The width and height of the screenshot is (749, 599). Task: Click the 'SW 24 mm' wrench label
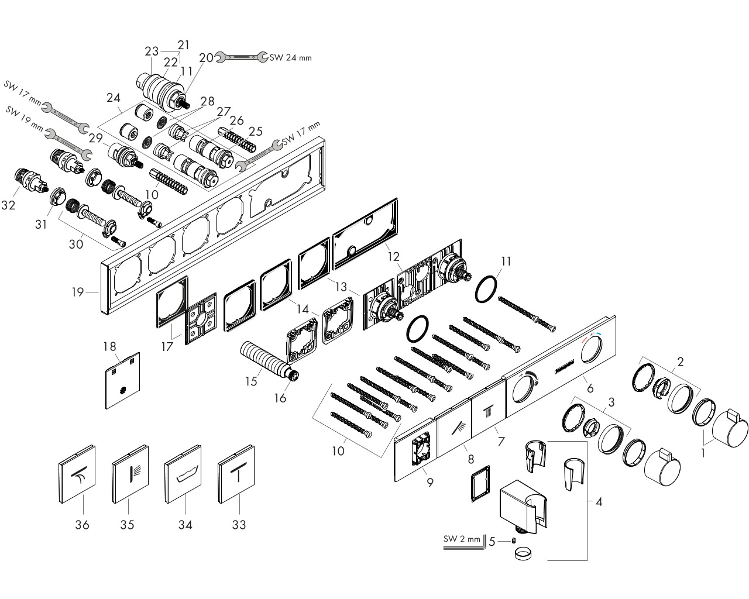click(x=291, y=57)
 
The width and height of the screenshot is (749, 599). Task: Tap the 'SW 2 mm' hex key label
click(x=462, y=539)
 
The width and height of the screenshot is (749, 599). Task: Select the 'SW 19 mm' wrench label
click(x=25, y=119)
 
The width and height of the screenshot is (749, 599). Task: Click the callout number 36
click(x=82, y=525)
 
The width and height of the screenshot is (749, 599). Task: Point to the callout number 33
click(x=239, y=525)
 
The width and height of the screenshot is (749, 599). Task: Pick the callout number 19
click(x=78, y=292)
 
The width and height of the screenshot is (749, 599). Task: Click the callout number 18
click(x=109, y=346)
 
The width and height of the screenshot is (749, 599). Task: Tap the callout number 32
click(x=8, y=205)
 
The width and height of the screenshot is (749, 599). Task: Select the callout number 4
click(x=599, y=501)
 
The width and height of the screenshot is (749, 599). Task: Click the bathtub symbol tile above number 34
click(x=183, y=474)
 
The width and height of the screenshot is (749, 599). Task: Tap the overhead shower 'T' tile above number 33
click(x=236, y=474)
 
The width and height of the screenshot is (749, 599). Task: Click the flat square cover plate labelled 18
click(x=123, y=380)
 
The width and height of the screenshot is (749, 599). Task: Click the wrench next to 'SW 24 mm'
click(x=242, y=57)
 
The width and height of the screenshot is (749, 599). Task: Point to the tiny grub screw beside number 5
click(x=513, y=541)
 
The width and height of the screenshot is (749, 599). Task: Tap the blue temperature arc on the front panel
click(x=597, y=335)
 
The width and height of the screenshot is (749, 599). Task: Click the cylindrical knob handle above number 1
click(x=730, y=429)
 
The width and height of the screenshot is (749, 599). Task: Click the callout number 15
click(x=251, y=381)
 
